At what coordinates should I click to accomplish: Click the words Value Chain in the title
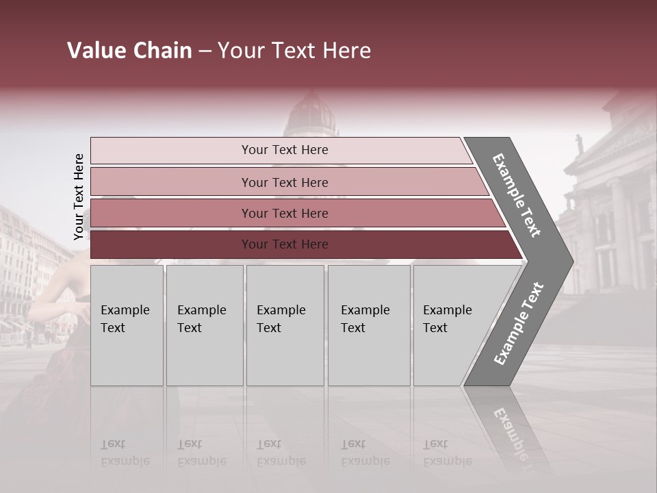tap(129, 51)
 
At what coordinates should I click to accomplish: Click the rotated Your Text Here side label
tap(79, 197)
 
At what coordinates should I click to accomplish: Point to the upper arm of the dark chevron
tap(517, 195)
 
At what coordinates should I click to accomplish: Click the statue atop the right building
tap(579, 143)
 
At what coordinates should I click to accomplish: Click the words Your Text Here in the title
tap(294, 51)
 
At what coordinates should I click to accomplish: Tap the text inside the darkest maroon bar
tap(285, 244)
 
